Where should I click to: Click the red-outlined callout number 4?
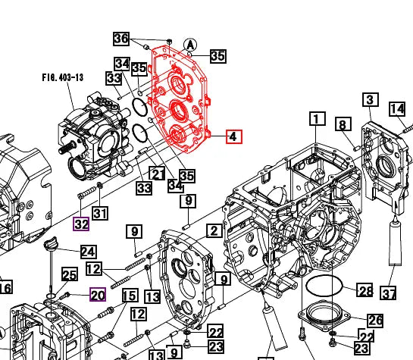234,136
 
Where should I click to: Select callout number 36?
121,39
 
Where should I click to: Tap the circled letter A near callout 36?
190,45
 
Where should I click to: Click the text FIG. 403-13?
63,77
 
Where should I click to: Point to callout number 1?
317,119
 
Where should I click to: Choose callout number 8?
343,124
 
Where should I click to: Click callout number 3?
371,99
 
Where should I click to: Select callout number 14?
397,109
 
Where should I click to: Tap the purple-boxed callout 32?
81,224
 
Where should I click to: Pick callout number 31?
100,213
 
